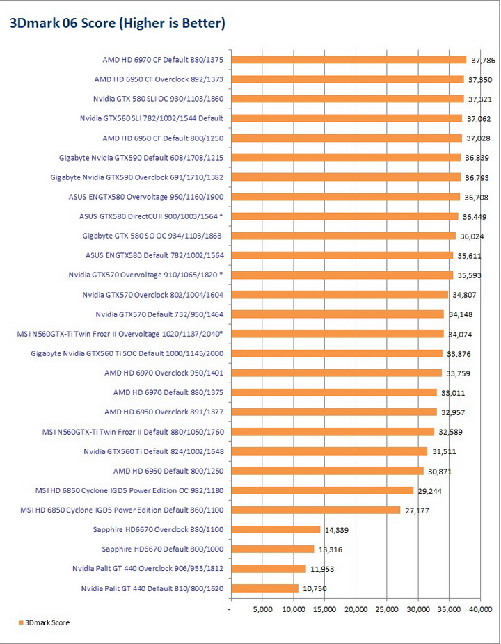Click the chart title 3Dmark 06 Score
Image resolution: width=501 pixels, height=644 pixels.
click(117, 24)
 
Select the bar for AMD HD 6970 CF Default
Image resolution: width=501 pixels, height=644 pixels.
click(348, 60)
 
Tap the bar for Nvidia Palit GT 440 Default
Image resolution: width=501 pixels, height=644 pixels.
click(264, 588)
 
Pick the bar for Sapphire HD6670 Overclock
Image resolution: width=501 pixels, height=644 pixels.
click(275, 529)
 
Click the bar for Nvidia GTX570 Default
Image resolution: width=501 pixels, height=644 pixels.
click(337, 314)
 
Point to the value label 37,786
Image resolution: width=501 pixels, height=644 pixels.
click(482, 60)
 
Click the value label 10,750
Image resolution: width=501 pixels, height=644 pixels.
click(314, 588)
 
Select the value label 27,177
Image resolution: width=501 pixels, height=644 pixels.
click(417, 510)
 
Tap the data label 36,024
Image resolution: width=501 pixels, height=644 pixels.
click(472, 236)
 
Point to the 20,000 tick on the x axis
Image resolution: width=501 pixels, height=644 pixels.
click(356, 610)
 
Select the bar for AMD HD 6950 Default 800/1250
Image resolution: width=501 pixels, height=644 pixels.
click(326, 471)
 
